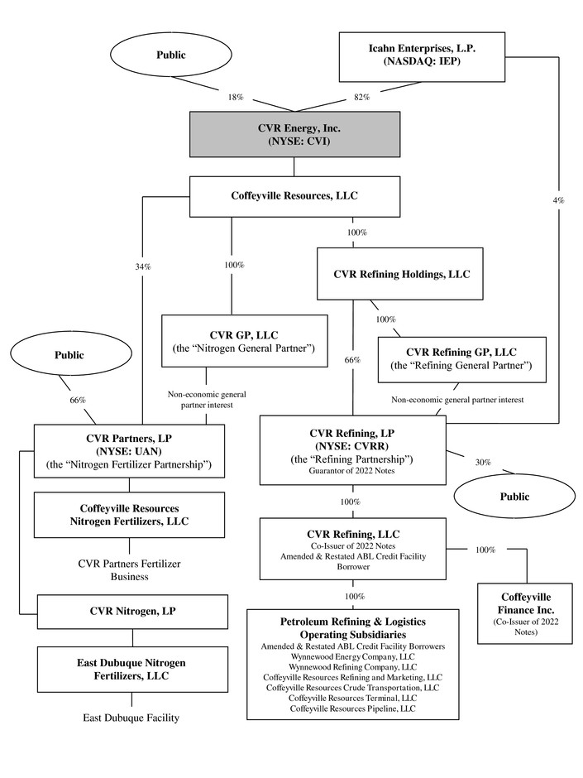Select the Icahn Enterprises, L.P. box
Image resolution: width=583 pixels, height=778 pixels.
coord(422,56)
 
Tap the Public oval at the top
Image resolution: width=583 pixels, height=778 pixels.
coord(172,55)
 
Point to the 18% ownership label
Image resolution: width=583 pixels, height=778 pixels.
coord(236,98)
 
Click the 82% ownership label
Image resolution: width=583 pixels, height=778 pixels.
coord(361,98)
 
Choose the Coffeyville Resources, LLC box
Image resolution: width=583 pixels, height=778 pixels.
coord(295,196)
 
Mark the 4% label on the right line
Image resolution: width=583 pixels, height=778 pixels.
coord(559,201)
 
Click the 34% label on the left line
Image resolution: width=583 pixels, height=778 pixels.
coord(143,267)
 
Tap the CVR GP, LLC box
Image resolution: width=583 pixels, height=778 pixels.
coord(232,341)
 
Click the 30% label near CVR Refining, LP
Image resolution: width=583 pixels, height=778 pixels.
coord(482,463)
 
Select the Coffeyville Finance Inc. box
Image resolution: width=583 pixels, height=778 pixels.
coord(526,614)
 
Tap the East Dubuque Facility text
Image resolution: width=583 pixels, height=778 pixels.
coord(131,718)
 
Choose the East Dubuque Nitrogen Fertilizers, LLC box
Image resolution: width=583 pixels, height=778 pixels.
coord(131,670)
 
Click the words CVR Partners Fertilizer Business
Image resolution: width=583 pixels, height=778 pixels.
coord(129,569)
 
